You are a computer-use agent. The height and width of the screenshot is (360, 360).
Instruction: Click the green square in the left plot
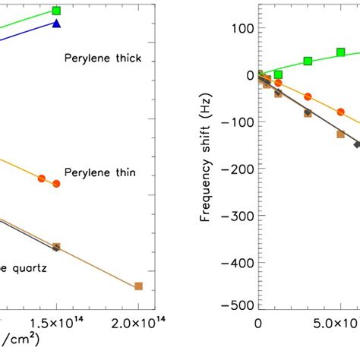tap(56, 11)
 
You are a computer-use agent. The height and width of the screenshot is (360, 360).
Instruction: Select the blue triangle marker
tap(56, 24)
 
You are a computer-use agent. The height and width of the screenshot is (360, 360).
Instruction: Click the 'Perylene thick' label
tap(103, 58)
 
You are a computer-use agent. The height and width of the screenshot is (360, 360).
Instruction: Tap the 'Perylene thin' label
tap(100, 172)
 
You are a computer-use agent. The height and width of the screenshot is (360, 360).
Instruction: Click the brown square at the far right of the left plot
tap(138, 286)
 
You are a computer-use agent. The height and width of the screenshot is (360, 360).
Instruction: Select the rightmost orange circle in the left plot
tap(56, 184)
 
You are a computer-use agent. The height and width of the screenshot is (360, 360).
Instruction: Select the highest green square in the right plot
tap(341, 52)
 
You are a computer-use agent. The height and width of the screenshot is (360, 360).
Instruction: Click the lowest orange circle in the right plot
tap(341, 112)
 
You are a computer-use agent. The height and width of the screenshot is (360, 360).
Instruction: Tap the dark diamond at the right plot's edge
tap(357, 144)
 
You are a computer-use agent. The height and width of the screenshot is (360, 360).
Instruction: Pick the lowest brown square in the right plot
tap(341, 134)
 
